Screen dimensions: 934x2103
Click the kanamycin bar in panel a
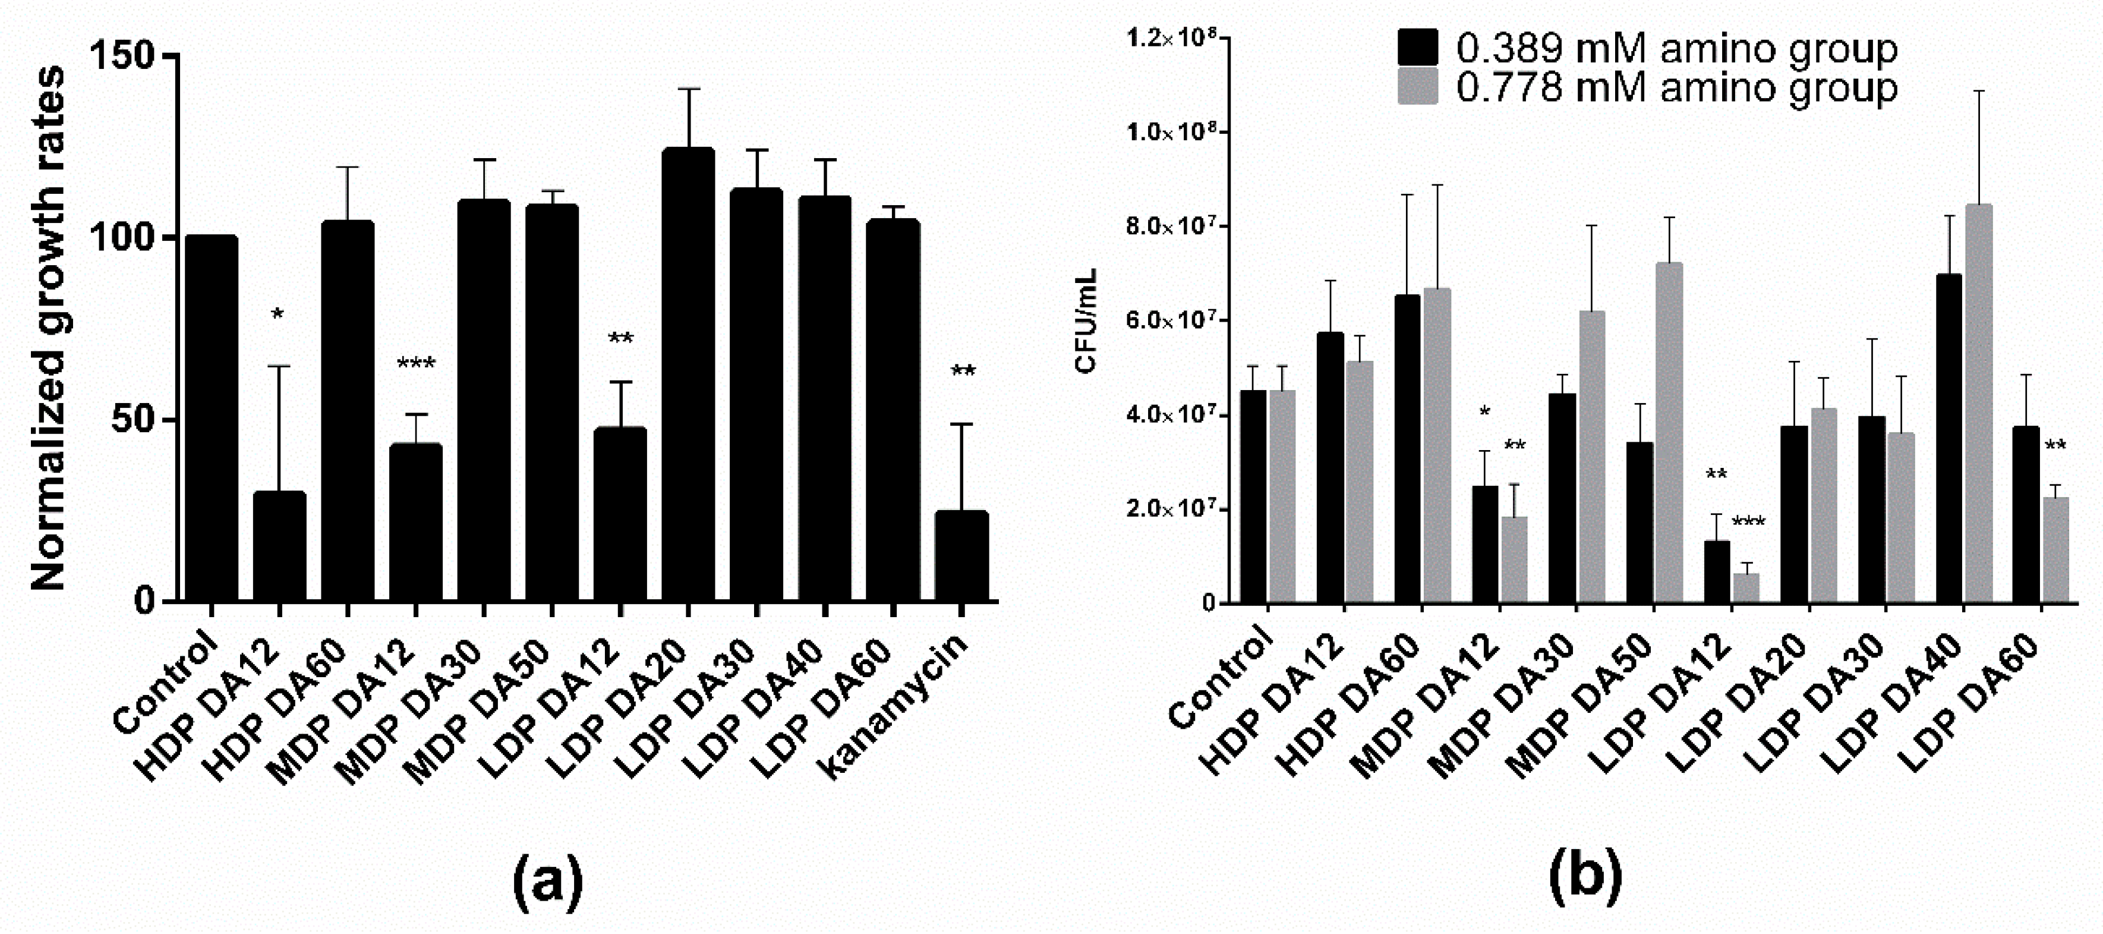961,557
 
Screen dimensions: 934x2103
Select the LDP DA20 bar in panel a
688,376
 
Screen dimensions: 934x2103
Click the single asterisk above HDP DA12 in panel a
278,315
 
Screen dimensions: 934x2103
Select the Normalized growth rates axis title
49,328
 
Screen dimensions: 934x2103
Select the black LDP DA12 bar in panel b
1716,571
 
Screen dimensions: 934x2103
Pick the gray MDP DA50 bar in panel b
1664,433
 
